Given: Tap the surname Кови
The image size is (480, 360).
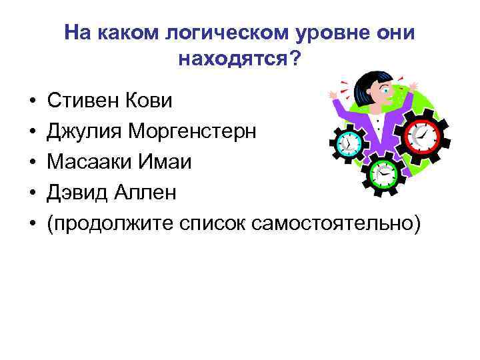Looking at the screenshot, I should (151, 101).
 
